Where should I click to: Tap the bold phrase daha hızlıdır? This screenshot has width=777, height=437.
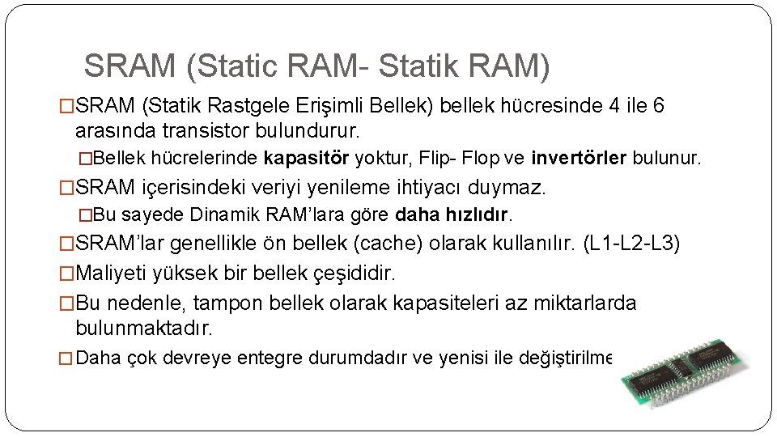(x=453, y=215)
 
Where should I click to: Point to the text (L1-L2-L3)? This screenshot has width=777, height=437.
(x=631, y=244)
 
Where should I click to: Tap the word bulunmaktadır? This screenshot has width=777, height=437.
(x=143, y=329)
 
